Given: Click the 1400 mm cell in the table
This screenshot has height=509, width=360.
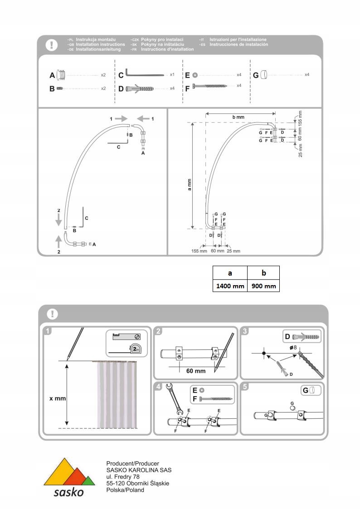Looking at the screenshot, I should click(x=230, y=286).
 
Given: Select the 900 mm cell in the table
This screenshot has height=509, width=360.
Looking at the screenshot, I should click(x=263, y=286).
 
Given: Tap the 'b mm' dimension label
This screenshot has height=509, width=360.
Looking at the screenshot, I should click(x=238, y=117).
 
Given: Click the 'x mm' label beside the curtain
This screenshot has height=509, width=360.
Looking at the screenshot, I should click(x=58, y=398).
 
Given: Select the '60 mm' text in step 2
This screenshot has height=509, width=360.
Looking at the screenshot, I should click(x=196, y=371).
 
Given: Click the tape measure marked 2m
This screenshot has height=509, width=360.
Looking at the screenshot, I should click(x=135, y=349).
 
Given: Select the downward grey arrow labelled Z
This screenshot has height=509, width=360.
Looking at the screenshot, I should click(x=58, y=220).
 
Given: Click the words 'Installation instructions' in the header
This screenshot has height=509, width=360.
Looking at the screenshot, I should click(x=100, y=45).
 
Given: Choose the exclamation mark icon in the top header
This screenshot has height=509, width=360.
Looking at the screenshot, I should click(x=53, y=45).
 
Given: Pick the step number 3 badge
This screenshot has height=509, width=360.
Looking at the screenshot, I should click(x=245, y=331).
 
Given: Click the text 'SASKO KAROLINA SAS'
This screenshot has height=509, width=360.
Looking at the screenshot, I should click(x=132, y=470).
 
